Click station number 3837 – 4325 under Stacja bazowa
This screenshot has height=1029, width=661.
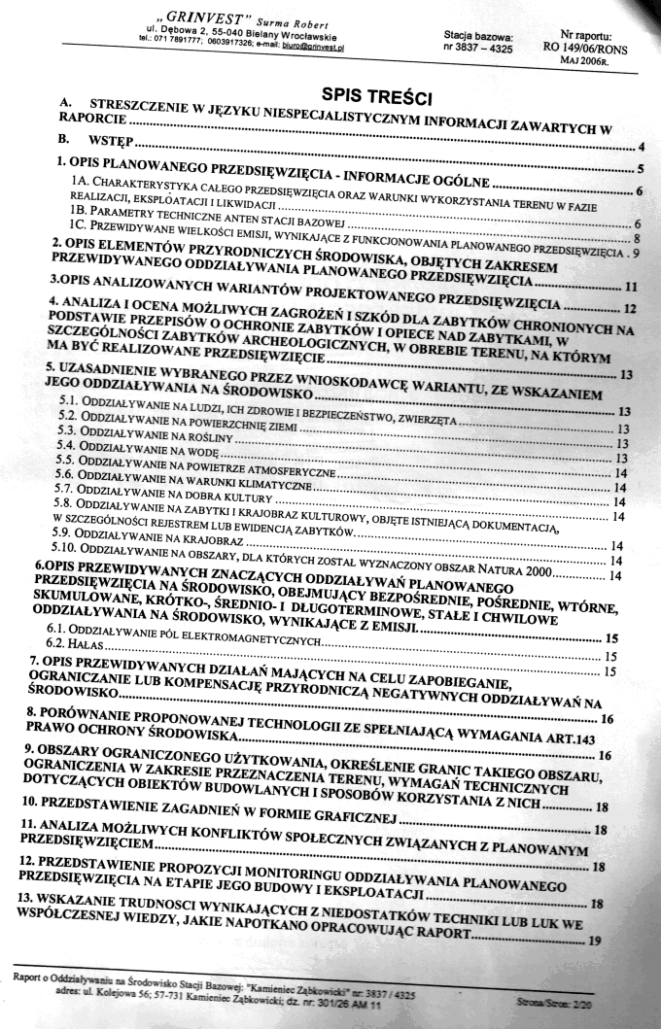click(x=479, y=46)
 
